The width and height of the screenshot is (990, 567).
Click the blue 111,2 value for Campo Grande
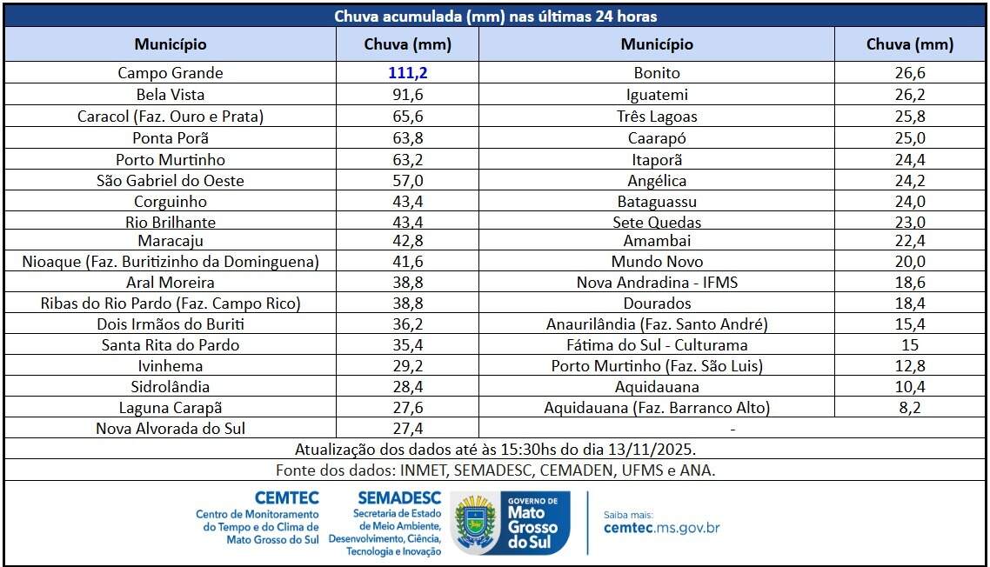(407, 73)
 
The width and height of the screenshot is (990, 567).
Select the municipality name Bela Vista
(171, 95)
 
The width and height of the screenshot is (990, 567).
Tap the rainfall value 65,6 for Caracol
(407, 117)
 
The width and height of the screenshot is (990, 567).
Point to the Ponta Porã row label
(171, 137)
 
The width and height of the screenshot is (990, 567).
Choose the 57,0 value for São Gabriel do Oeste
(407, 181)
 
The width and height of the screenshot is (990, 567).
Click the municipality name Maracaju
(171, 241)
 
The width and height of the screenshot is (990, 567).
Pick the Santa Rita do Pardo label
(171, 345)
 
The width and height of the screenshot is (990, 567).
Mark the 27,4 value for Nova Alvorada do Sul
(407, 429)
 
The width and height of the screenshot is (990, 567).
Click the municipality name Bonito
(657, 73)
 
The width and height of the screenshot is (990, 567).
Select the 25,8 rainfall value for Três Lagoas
(910, 117)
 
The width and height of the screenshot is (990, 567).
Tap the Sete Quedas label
(657, 223)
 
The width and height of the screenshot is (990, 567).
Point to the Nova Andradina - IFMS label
(657, 283)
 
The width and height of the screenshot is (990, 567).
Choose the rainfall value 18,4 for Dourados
(910, 304)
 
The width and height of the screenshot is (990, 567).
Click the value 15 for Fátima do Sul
(910, 345)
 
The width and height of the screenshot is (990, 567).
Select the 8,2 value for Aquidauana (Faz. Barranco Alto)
(910, 408)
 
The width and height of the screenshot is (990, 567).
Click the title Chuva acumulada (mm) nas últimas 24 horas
(495, 17)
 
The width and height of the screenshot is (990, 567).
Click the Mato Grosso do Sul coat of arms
(475, 524)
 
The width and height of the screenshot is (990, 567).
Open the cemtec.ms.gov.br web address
(661, 528)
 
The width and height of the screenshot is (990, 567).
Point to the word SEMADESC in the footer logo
(399, 498)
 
